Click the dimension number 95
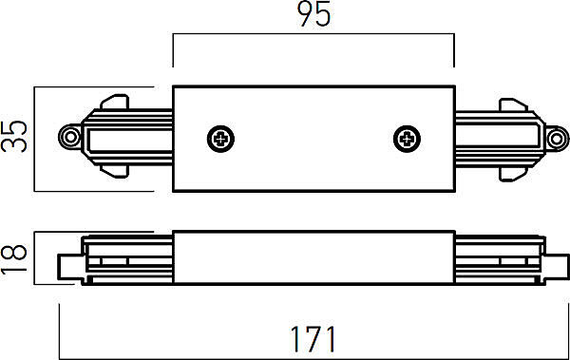pyautogui.click(x=314, y=14)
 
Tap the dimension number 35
pyautogui.click(x=14, y=137)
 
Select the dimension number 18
pyautogui.click(x=14, y=257)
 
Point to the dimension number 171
pyautogui.click(x=313, y=339)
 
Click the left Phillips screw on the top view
pyautogui.click(x=220, y=139)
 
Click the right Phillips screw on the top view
pyautogui.click(x=408, y=139)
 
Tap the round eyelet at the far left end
pyautogui.click(x=70, y=137)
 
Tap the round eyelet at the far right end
pyautogui.click(x=557, y=139)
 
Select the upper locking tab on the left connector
pyautogui.click(x=115, y=102)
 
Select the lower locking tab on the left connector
pyautogui.click(x=115, y=171)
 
